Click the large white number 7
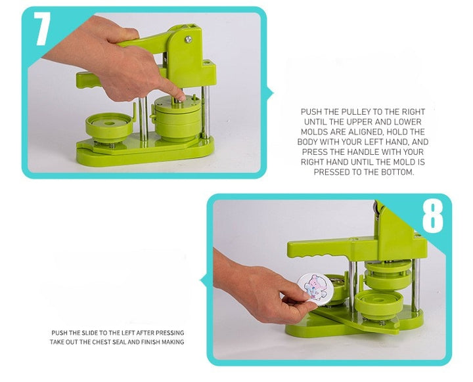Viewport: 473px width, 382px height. point(42,29)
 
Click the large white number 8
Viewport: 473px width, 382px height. point(432,217)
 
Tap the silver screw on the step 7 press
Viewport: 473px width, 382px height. point(189,39)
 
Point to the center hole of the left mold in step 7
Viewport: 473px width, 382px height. point(109,123)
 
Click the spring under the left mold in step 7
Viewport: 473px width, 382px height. point(112,146)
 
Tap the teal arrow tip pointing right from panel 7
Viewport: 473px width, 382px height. point(273,93)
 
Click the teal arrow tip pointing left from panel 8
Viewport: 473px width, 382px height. point(201,280)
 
